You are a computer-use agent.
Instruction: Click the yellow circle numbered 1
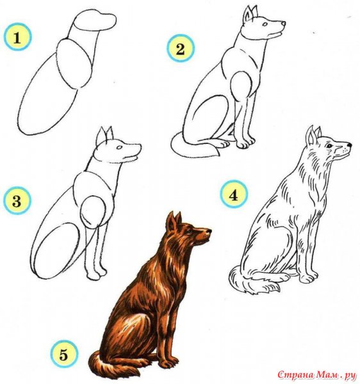click(x=17, y=37)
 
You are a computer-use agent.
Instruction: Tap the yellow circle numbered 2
click(x=180, y=48)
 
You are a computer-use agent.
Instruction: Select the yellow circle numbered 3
click(x=17, y=200)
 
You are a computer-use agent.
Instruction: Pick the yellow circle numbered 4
click(x=234, y=194)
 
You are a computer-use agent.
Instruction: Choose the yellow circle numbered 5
click(x=64, y=354)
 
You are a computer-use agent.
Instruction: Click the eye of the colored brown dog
click(x=190, y=231)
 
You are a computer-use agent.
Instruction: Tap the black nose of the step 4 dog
click(x=350, y=145)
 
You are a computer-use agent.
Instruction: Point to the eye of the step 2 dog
click(x=265, y=24)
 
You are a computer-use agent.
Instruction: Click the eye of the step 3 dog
click(x=119, y=147)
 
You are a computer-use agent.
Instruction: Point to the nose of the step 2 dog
click(x=284, y=23)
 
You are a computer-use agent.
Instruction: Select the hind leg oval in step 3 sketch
click(x=57, y=250)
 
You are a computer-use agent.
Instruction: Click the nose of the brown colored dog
click(x=209, y=230)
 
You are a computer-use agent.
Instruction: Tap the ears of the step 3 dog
click(x=104, y=136)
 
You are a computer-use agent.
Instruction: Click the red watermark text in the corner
click(x=316, y=374)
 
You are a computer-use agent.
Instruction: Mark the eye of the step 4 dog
click(x=329, y=146)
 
